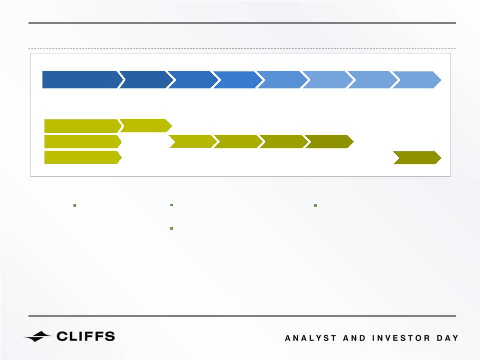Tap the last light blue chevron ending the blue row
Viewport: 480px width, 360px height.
point(417,80)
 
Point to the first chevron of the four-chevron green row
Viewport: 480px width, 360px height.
point(193,141)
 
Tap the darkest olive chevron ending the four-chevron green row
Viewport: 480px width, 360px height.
point(329,141)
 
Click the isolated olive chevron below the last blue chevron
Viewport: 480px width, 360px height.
point(417,158)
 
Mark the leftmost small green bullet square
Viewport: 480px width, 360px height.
point(75,205)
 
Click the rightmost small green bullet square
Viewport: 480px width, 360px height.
point(315,205)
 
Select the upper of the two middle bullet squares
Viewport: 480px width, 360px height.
point(171,205)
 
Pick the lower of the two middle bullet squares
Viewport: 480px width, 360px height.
point(171,228)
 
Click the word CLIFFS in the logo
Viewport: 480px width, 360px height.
point(86,337)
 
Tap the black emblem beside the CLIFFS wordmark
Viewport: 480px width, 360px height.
point(37,337)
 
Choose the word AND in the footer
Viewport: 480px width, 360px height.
point(354,338)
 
